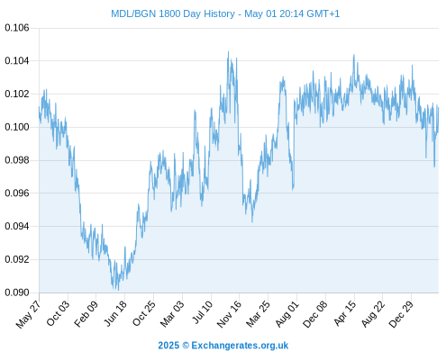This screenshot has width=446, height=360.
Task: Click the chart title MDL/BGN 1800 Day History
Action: (x=173, y=14)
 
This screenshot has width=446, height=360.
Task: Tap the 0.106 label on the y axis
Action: (x=17, y=28)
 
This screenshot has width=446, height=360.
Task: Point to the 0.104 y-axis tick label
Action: (x=17, y=61)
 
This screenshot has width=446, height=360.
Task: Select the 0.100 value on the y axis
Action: (x=17, y=127)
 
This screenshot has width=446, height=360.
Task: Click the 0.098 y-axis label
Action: (x=17, y=160)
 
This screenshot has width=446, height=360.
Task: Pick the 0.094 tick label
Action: (x=17, y=226)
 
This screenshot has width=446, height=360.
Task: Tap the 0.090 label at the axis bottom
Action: (x=17, y=292)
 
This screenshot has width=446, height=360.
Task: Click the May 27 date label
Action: (x=28, y=314)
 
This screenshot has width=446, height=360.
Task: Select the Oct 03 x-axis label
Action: (x=58, y=313)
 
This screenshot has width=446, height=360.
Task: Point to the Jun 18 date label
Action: (x=115, y=313)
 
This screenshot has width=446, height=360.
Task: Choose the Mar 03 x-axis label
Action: (x=172, y=314)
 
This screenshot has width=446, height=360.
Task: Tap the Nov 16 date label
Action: (x=229, y=314)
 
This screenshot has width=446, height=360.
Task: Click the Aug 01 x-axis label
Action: (x=287, y=314)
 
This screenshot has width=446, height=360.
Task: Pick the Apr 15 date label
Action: (x=344, y=313)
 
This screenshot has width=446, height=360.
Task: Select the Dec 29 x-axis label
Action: (x=401, y=314)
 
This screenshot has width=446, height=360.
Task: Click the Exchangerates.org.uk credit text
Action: (x=240, y=346)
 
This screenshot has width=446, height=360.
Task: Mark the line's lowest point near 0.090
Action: (x=118, y=290)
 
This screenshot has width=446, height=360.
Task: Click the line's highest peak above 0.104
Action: (x=228, y=51)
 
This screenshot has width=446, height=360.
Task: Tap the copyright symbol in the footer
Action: (x=186, y=346)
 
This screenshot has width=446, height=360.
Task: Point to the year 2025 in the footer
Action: (x=168, y=346)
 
